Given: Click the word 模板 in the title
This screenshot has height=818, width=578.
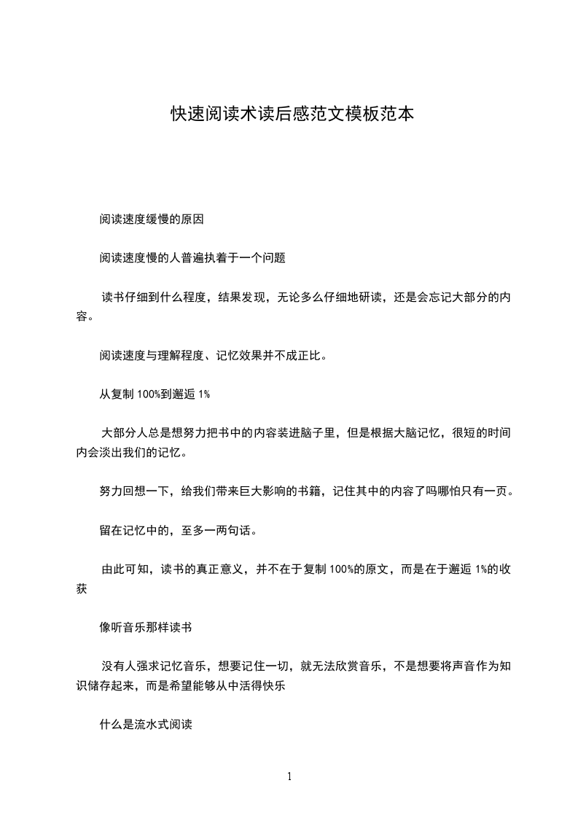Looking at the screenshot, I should pyautogui.click(x=362, y=115).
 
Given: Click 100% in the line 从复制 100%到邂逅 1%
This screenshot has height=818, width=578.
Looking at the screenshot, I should pyautogui.click(x=148, y=394).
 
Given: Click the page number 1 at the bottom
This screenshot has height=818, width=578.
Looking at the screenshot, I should pyautogui.click(x=289, y=776).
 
